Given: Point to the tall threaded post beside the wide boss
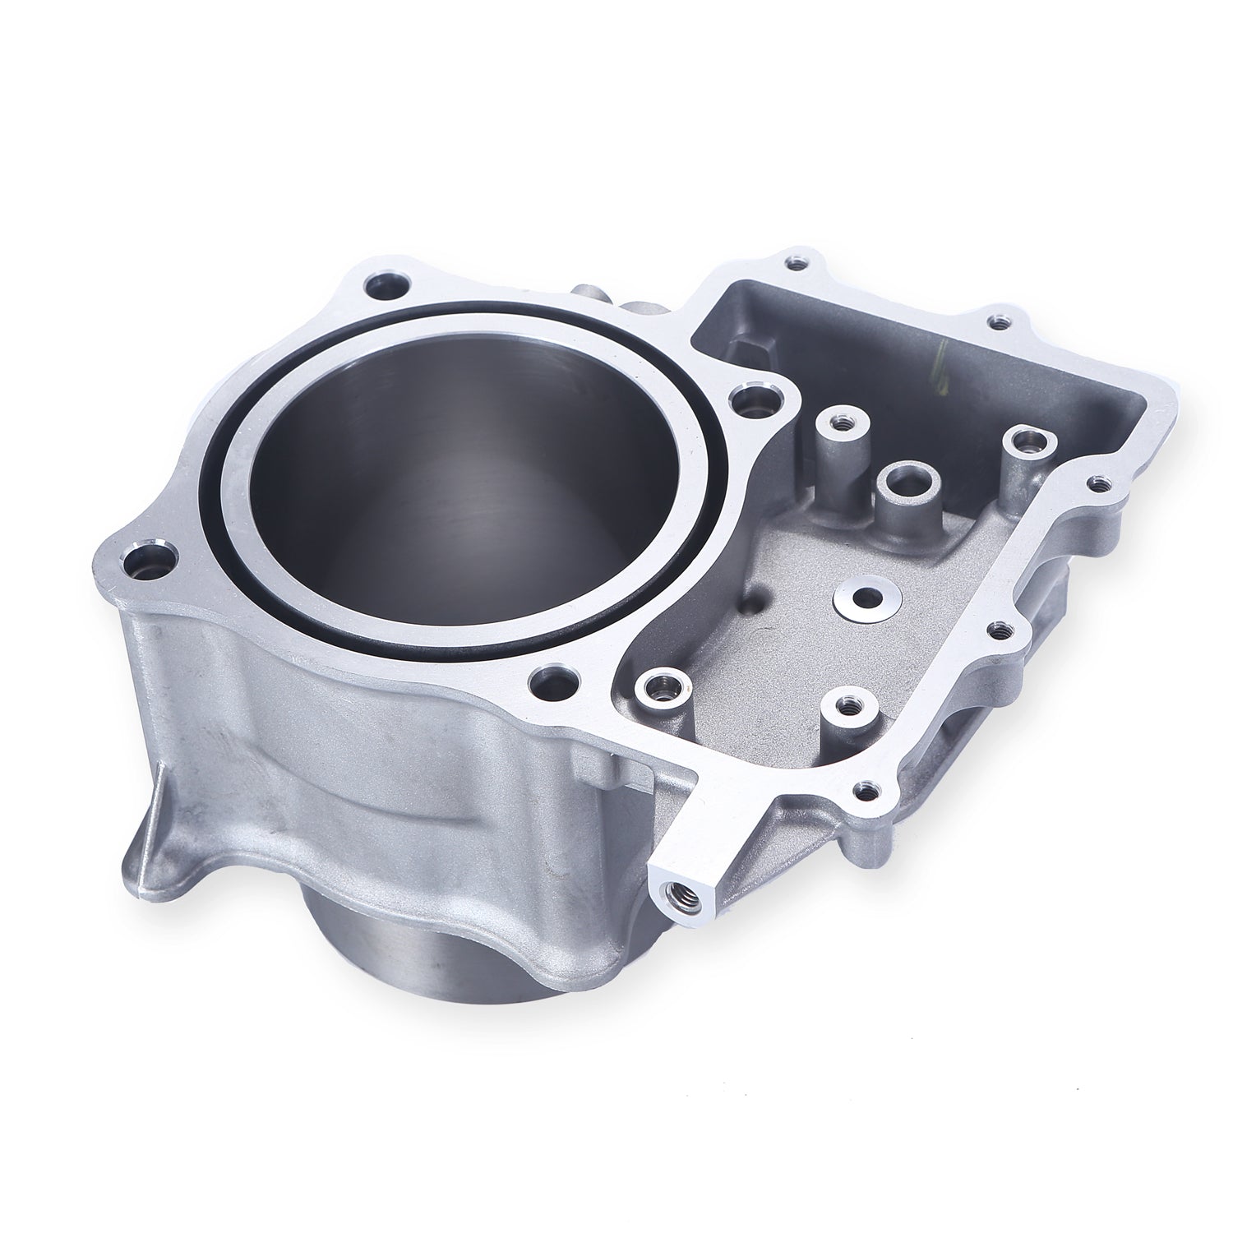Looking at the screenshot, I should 838,423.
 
